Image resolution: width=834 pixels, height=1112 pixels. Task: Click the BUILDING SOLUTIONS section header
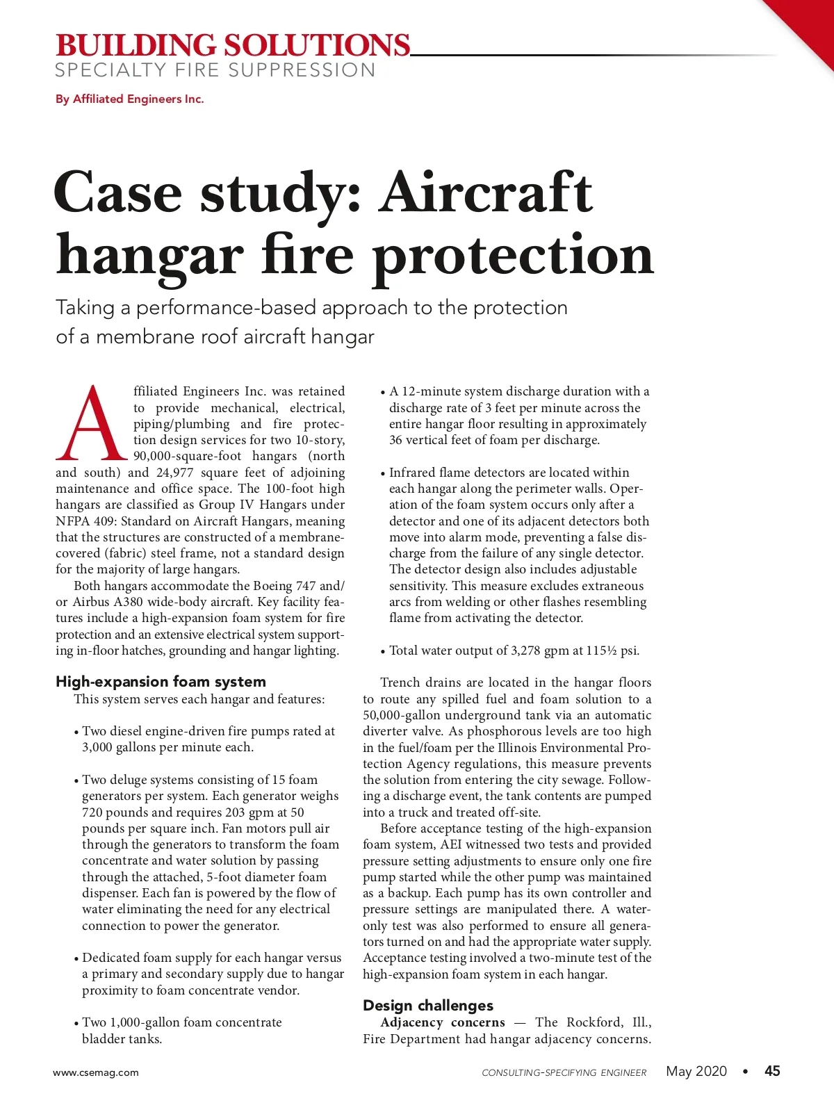[x=233, y=45]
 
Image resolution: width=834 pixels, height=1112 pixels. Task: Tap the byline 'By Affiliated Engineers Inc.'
[x=130, y=99]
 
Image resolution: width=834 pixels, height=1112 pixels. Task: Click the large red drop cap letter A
[x=92, y=424]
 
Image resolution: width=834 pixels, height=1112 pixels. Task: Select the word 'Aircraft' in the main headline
[x=485, y=193]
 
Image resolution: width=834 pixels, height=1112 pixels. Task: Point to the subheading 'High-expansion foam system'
[x=161, y=682]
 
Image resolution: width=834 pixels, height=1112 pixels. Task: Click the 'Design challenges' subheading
[x=427, y=1006]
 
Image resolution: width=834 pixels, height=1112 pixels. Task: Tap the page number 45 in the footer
[x=772, y=1071]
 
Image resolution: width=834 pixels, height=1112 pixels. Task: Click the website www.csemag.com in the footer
[x=96, y=1072]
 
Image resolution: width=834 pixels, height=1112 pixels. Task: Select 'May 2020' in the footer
[x=696, y=1071]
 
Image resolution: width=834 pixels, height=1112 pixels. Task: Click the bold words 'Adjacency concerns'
[x=443, y=1022]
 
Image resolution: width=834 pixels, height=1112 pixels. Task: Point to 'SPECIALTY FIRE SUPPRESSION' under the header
[x=215, y=70]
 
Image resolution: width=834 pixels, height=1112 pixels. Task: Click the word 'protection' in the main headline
[x=513, y=255]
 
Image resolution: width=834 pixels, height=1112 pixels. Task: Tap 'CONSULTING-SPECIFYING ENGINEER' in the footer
[x=564, y=1072]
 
